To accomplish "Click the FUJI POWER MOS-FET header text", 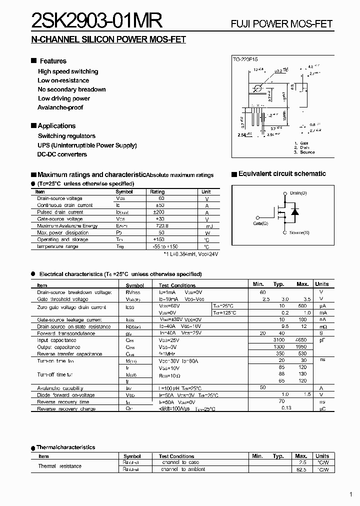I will pyautogui.click(x=281, y=24).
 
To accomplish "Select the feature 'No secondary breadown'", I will pyautogui.click(x=71, y=89).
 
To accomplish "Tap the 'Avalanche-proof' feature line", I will pyautogui.click(x=60, y=107).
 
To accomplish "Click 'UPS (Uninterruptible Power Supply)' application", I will pyautogui.click(x=87, y=145).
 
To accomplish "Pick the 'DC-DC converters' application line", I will pyautogui.click(x=62, y=154).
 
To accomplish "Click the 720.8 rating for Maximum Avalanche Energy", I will pyautogui.click(x=157, y=226).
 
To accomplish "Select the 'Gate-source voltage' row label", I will pyautogui.click(x=60, y=219).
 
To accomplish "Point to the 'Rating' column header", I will pyautogui.click(x=157, y=192).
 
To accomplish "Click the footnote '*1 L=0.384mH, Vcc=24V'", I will pyautogui.click(x=190, y=254).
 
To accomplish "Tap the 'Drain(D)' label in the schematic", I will pyautogui.click(x=298, y=193).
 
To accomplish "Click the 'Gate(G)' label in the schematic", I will pyautogui.click(x=260, y=223).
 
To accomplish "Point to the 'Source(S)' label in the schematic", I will pyautogui.click(x=299, y=233).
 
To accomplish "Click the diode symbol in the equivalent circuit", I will pyautogui.click(x=294, y=212).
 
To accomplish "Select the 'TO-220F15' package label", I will pyautogui.click(x=245, y=59).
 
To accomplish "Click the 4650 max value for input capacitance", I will pyautogui.click(x=302, y=340).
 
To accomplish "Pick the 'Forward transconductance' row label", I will pyautogui.click(x=66, y=333).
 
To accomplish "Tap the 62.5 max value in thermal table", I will pyautogui.click(x=301, y=469).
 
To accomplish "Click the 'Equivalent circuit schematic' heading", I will pyautogui.click(x=282, y=174).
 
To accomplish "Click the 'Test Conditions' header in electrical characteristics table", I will pyautogui.click(x=177, y=285).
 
